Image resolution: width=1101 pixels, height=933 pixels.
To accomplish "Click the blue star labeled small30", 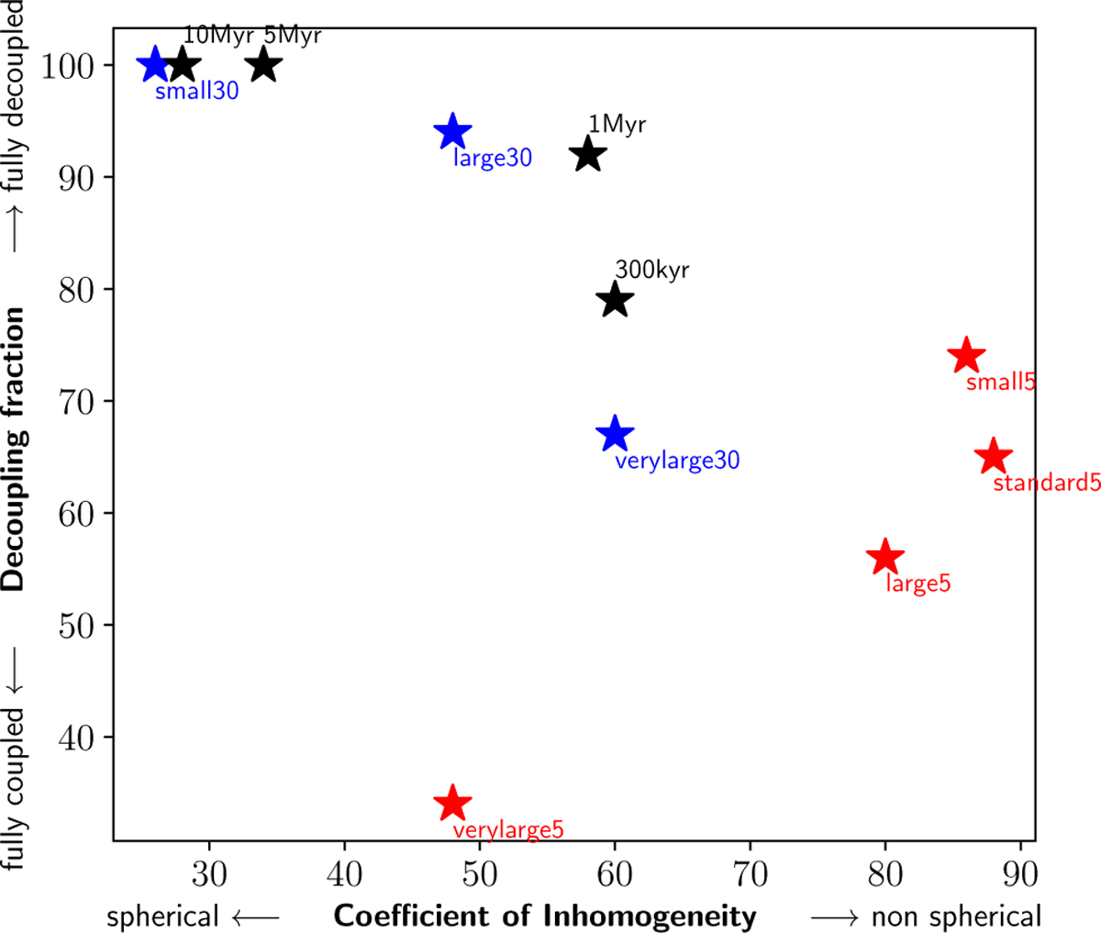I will (x=154, y=65).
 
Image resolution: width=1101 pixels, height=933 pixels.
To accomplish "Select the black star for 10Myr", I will (x=182, y=65).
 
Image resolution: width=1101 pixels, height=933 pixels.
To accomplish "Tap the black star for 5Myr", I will (x=263, y=65).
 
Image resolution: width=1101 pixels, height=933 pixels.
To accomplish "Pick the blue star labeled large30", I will (x=451, y=132).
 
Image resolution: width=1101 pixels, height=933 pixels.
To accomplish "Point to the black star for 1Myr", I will (x=587, y=155).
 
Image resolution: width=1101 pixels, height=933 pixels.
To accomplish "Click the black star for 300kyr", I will (x=615, y=300).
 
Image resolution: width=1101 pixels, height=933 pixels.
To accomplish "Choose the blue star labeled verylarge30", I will (x=615, y=434).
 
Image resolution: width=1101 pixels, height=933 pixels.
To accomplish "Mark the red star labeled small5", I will (x=965, y=356).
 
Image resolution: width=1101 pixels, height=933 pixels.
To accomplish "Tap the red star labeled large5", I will (x=884, y=557).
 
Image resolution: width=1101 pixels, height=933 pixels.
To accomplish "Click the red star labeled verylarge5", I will (x=451, y=804).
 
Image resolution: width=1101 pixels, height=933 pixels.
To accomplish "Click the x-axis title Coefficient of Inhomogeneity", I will (x=545, y=916).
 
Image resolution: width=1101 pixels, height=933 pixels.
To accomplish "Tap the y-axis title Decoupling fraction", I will (x=15, y=448).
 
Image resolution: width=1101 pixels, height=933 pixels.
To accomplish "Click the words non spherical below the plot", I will (x=956, y=916).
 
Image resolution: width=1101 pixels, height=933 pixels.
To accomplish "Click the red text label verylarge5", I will (x=508, y=831).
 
